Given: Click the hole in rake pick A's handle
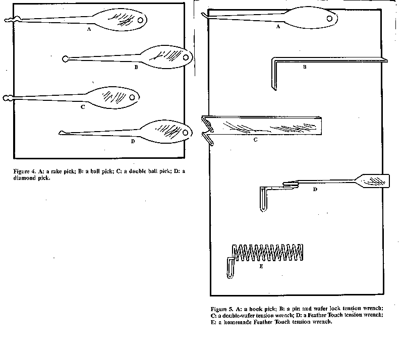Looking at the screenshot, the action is click(140, 20).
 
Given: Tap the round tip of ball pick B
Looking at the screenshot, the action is click(65, 59).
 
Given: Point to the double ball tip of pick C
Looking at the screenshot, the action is click(8, 98).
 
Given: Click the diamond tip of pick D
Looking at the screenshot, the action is click(62, 133).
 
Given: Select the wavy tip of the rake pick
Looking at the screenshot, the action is click(12, 19).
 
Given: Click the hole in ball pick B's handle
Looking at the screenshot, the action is click(186, 57).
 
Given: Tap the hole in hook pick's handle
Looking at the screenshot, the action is click(329, 19).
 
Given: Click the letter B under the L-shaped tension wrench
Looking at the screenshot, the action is click(305, 67).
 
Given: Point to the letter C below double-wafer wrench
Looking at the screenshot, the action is click(255, 140).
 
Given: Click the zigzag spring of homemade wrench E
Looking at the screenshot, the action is click(268, 253).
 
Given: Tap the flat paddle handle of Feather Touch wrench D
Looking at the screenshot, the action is click(373, 181).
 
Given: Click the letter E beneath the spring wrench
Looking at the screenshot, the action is click(261, 266).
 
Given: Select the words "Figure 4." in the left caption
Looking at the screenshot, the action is click(25, 171).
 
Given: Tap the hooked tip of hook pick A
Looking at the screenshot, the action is click(204, 16).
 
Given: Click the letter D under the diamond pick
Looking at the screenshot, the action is click(133, 141).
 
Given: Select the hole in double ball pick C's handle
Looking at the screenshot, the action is click(132, 97).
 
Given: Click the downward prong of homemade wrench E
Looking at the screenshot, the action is click(230, 268).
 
